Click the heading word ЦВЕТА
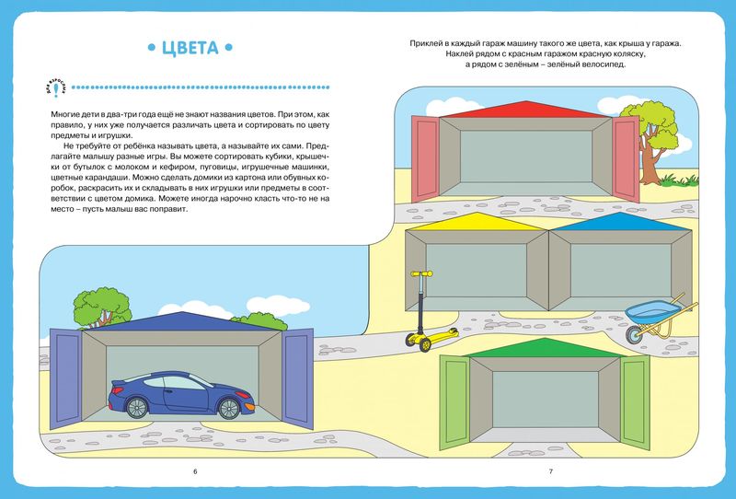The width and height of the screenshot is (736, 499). tap(190, 48)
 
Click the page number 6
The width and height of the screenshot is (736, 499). tap(195, 471)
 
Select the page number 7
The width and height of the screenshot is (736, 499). tap(551, 471)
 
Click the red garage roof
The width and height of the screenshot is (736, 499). tap(526, 110)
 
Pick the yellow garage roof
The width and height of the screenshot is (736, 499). tap(477, 222)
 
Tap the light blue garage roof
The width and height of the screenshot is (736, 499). tap(620, 222)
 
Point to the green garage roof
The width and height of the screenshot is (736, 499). tap(544, 348)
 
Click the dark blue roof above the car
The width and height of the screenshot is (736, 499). tap(181, 321)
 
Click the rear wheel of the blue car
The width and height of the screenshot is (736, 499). tap(136, 407)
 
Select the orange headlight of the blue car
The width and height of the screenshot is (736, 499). tap(248, 405)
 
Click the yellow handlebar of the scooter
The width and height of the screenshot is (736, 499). tap(421, 273)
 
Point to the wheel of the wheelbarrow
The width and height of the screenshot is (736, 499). tap(634, 334)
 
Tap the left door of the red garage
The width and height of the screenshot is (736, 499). tap(425, 159)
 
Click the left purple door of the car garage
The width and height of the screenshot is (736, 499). tap(65, 378)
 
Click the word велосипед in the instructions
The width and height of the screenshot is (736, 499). tap(605, 64)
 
